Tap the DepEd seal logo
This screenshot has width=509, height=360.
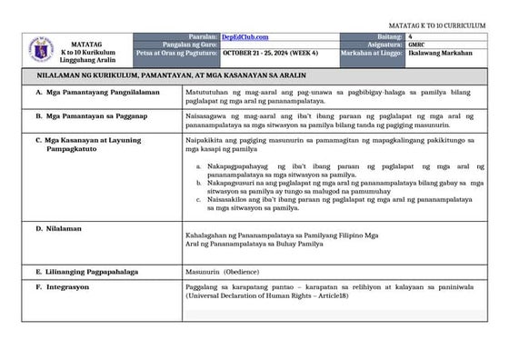40,49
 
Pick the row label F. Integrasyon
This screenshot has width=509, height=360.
64,286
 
